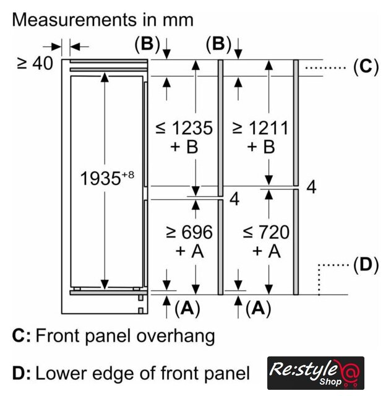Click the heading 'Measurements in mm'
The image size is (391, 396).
(x=103, y=20)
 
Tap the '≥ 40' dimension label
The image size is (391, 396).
(x=35, y=63)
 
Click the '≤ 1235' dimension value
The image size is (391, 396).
(x=184, y=128)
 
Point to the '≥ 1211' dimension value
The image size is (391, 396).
(x=260, y=128)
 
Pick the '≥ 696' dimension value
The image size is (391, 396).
(x=189, y=232)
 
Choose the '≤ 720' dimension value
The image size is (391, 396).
(x=266, y=232)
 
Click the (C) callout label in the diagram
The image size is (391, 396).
(x=366, y=67)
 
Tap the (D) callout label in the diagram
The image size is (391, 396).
(x=366, y=265)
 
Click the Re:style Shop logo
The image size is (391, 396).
(x=316, y=372)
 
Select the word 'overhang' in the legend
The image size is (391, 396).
(x=176, y=337)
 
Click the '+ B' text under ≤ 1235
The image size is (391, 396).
(x=184, y=147)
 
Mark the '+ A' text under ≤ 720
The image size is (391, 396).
(x=267, y=251)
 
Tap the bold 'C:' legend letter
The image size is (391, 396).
(x=22, y=335)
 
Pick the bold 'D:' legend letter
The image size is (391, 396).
(x=22, y=373)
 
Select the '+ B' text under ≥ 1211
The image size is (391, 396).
(x=261, y=147)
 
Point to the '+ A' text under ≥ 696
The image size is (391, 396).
(x=189, y=251)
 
